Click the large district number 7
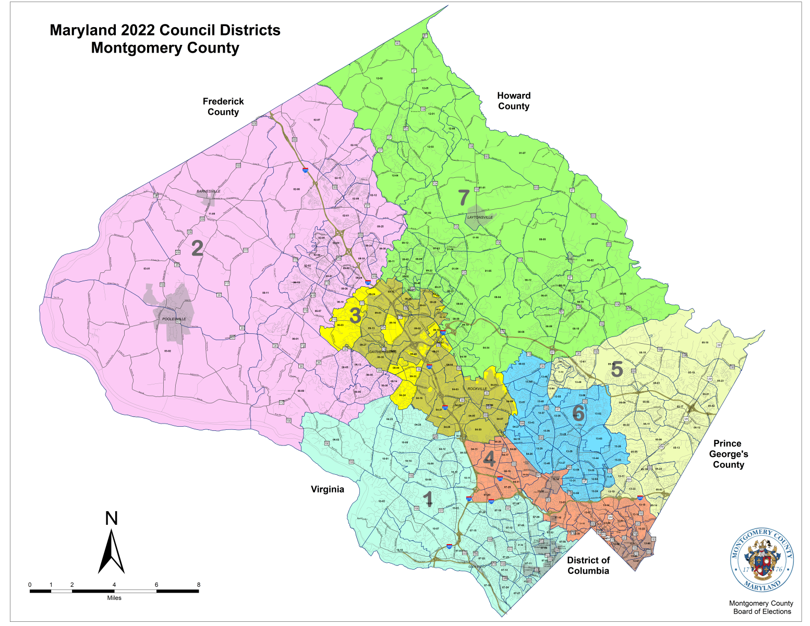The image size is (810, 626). tap(464, 198)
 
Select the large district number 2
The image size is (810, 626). tap(197, 248)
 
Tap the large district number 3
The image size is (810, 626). tap(355, 316)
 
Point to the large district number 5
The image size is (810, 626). tap(616, 369)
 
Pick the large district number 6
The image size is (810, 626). tap(578, 414)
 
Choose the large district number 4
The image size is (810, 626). tap(489, 459)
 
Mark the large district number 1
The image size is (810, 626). tap(428, 499)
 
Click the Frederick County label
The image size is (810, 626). tap(223, 107)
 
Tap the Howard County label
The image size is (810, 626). tap(514, 101)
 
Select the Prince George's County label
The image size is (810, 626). tap(728, 454)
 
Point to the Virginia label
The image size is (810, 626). tap(328, 489)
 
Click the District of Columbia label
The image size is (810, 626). tap(588, 565)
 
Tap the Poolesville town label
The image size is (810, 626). tap(174, 319)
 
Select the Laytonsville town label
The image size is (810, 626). tap(480, 218)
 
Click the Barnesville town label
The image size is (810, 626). tap(209, 191)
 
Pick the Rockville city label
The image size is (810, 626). tap(477, 389)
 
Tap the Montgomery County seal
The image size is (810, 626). tap(762, 561)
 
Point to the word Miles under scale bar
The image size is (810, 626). tap(114, 598)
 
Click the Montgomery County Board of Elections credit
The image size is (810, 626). tap(761, 607)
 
